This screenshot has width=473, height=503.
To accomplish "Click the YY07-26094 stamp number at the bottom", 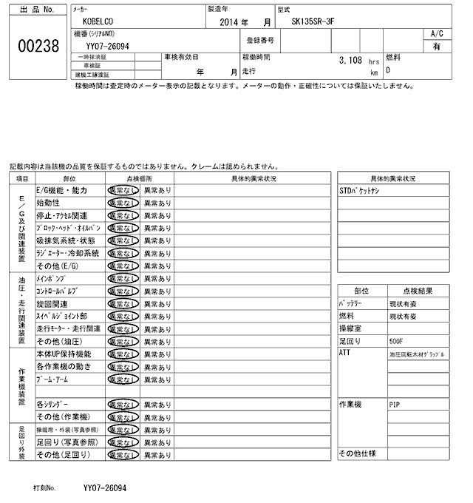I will (x=105, y=489).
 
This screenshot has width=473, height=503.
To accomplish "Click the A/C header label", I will (x=437, y=33).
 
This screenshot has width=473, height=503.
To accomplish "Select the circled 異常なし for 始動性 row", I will (x=123, y=202).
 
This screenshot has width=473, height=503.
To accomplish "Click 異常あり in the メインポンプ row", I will (x=157, y=278).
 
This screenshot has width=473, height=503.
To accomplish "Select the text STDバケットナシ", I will (x=359, y=191).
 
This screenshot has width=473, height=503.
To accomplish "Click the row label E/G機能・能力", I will (x=62, y=190).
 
